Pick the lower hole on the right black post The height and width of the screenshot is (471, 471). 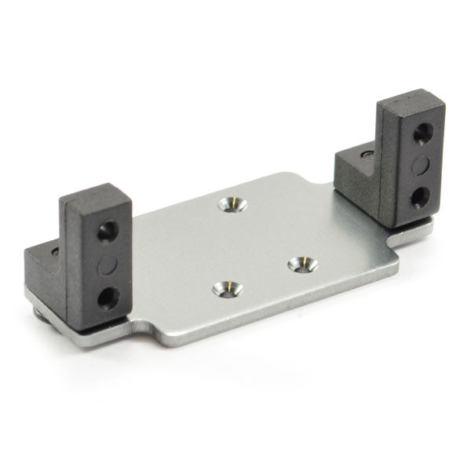click(x=421, y=193)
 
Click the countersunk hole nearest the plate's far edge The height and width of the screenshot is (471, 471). click(x=232, y=204)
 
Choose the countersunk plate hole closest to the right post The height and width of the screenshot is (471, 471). click(x=299, y=264)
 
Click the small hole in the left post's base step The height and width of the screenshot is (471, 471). click(x=55, y=251)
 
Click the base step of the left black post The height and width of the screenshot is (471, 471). click(x=43, y=271)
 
